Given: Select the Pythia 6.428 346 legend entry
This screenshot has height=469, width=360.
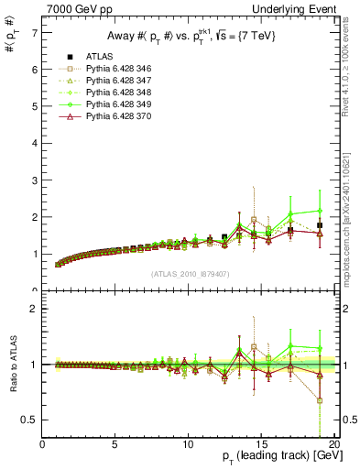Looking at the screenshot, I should tap(108, 68).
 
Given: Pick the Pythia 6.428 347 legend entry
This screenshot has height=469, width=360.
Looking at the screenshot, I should tap(108, 81).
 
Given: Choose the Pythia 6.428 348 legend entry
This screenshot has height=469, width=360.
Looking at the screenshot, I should tap(108, 93).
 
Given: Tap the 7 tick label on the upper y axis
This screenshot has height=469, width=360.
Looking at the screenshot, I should tap(34, 33).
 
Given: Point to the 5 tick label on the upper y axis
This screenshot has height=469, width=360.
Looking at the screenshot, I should tap(34, 106).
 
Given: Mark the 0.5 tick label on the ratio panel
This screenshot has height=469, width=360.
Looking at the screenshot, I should tap(29, 420).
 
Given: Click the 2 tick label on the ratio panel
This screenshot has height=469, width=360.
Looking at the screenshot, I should tap(34, 309).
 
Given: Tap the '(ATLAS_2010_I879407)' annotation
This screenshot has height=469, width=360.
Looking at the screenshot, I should tap(191, 273).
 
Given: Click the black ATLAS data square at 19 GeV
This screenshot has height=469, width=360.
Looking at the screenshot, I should tap(320, 225).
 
